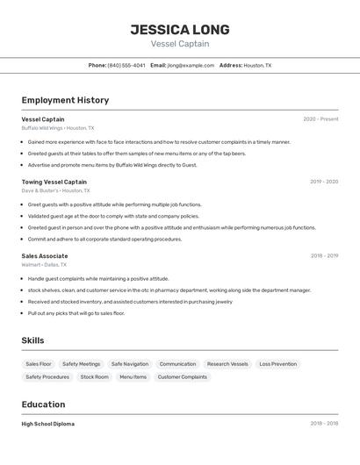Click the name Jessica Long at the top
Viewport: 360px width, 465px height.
click(180, 29)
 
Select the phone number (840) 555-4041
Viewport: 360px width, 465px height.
click(126, 65)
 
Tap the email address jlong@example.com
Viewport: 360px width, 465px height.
click(191, 65)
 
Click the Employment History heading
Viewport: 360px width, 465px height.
click(65, 100)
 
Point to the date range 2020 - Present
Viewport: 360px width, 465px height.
click(320, 119)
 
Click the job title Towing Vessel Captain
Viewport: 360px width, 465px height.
click(54, 182)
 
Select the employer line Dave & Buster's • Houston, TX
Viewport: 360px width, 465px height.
click(55, 190)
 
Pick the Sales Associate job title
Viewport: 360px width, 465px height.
click(45, 256)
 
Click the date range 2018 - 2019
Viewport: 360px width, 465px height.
click(324, 256)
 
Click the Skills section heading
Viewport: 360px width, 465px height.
click(33, 340)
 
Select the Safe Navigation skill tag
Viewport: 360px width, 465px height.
click(130, 364)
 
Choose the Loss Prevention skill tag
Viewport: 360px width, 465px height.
click(277, 364)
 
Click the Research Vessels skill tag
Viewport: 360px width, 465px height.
click(227, 364)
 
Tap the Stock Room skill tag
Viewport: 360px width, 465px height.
click(95, 377)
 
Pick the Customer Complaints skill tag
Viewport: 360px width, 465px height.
click(183, 377)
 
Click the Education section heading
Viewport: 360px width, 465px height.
click(44, 404)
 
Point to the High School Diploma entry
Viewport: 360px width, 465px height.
click(48, 424)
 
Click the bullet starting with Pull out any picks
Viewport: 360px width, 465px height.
click(76, 313)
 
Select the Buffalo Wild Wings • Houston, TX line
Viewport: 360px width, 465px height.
click(58, 128)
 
